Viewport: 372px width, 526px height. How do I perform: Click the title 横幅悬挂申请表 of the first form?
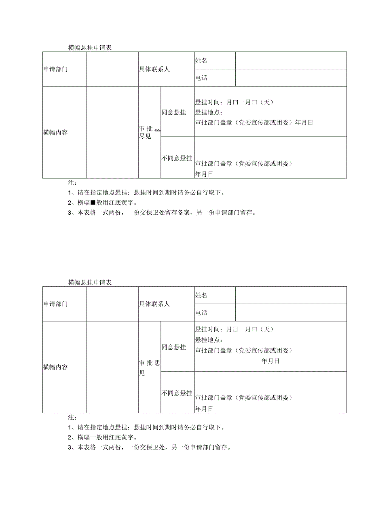coord(90,48)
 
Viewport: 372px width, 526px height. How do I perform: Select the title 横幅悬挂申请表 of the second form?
coord(90,283)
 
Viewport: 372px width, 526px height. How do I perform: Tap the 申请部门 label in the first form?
coord(56,69)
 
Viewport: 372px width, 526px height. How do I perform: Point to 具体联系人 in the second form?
coord(154,304)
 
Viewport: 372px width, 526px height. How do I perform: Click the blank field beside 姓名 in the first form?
coord(291,61)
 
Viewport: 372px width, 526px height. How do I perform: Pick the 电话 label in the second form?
coord(201,313)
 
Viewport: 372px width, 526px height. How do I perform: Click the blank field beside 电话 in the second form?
coord(291,313)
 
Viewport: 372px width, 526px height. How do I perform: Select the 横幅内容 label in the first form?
coord(56,132)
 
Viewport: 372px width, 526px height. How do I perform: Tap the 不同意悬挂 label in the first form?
coord(177,158)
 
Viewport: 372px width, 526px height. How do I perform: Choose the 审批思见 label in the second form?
coord(149,368)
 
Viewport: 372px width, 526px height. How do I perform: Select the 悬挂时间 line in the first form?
coord(235,102)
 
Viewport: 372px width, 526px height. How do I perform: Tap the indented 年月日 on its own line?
coord(270,361)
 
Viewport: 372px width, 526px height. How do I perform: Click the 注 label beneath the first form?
coord(72,183)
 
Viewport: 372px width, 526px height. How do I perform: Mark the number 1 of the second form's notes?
coord(70,428)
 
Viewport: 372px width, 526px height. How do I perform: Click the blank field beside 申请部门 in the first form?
coord(112,69)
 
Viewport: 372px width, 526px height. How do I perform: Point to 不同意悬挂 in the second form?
coord(177,393)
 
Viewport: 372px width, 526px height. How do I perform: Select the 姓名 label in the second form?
coord(201,296)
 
